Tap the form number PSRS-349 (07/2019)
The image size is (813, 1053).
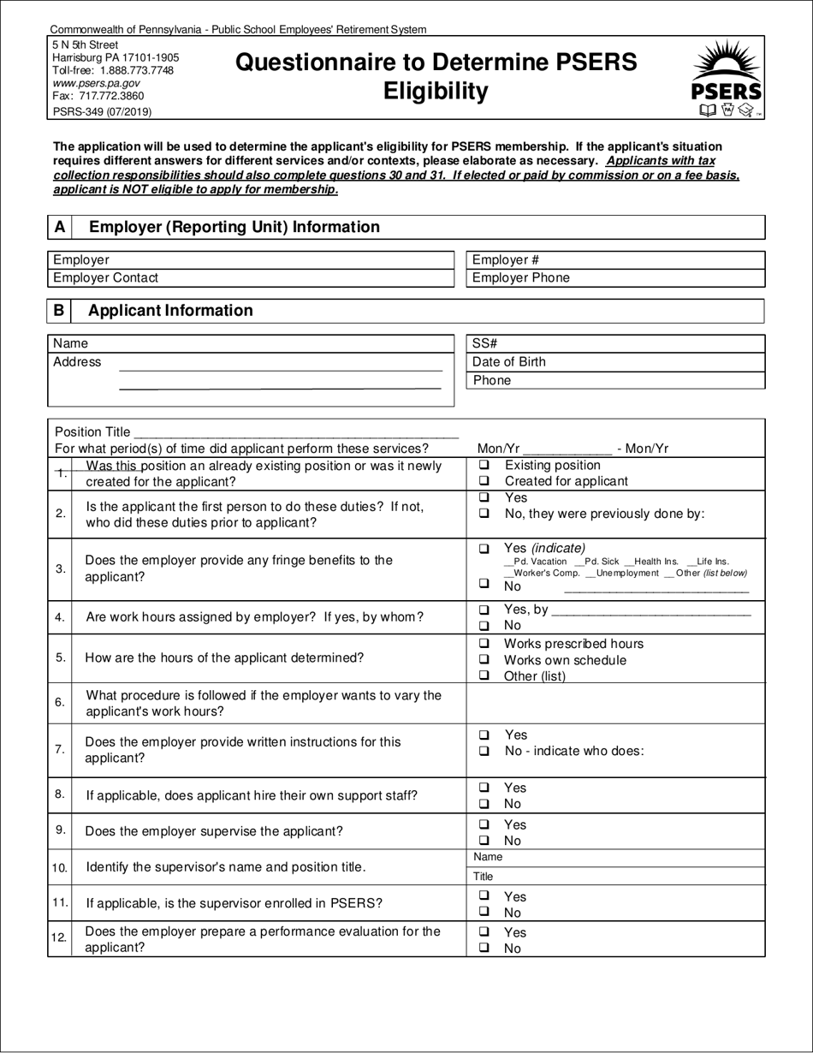point(103,110)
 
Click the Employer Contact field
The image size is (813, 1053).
point(250,277)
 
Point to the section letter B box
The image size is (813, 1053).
point(59,311)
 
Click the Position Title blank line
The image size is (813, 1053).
point(296,432)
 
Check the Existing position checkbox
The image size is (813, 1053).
point(484,465)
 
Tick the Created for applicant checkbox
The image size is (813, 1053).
point(484,481)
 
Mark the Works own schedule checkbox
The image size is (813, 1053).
point(484,660)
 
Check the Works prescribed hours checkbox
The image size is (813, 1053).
point(484,644)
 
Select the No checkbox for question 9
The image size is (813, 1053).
point(484,841)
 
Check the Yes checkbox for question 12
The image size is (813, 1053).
point(484,932)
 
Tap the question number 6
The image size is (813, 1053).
point(60,703)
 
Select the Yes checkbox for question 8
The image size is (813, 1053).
point(484,788)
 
